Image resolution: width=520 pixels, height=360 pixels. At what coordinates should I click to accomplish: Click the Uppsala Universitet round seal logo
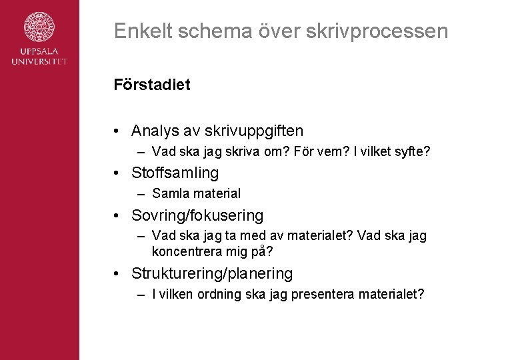(39, 29)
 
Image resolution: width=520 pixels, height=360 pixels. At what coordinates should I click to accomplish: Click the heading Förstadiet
(151, 85)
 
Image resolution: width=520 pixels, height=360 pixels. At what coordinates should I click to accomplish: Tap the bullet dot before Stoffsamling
(117, 173)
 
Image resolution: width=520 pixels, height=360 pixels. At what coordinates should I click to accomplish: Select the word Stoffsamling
(175, 173)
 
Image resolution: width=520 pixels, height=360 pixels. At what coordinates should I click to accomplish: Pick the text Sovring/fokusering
(197, 216)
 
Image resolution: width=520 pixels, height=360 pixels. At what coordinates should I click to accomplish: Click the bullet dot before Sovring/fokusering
(117, 216)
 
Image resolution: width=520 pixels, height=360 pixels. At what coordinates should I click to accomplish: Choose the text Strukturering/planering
(212, 273)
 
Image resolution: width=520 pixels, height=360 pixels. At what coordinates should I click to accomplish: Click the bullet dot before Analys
(117, 130)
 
